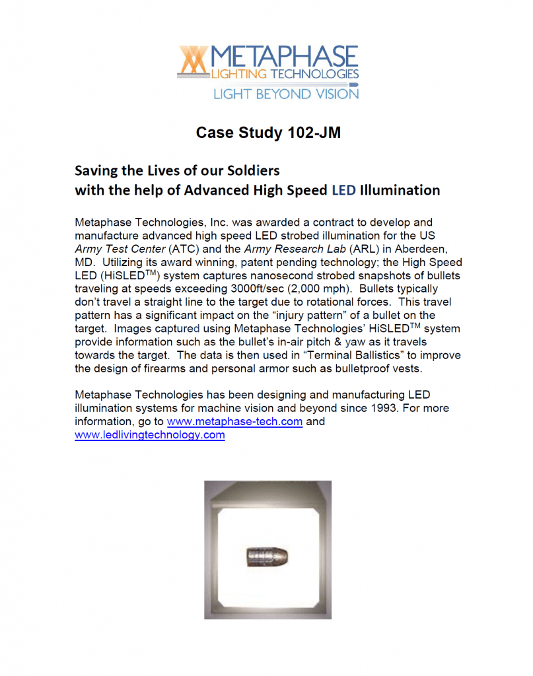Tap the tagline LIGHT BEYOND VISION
click(x=285, y=94)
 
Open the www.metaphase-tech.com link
click(x=234, y=422)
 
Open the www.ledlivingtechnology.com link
click(x=150, y=436)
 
